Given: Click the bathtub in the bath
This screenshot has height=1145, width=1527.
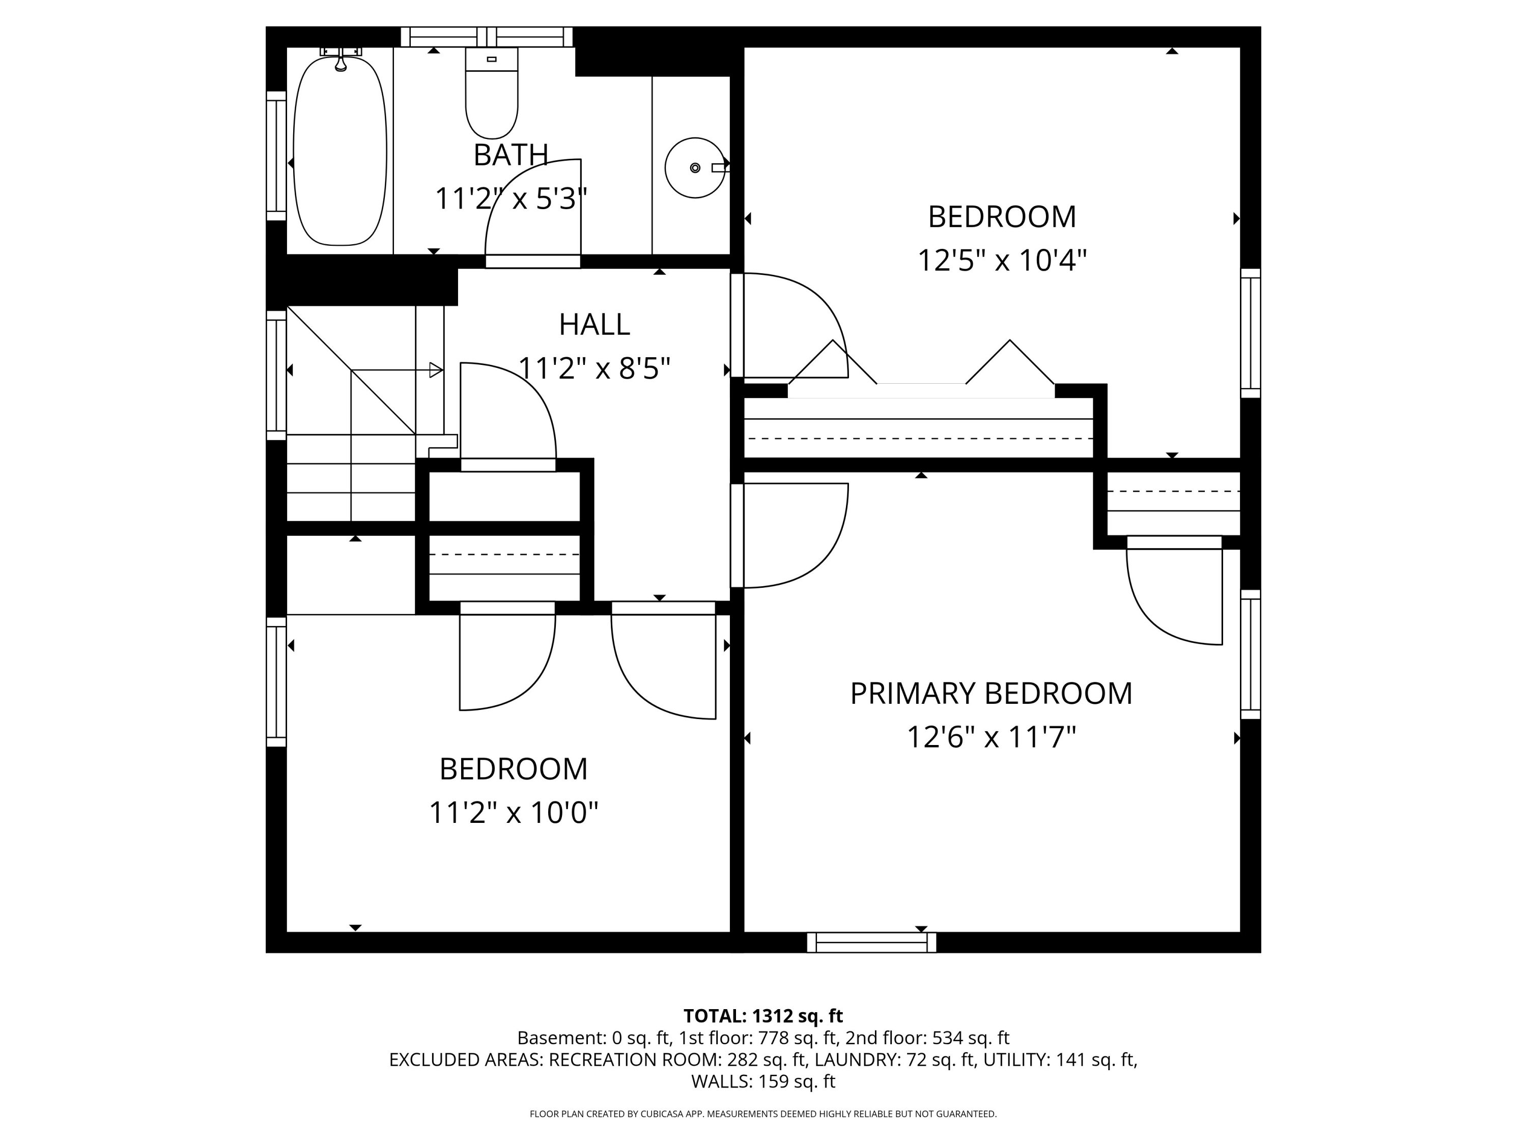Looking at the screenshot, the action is [340, 151].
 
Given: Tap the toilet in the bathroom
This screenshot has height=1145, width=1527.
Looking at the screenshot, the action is [492, 93].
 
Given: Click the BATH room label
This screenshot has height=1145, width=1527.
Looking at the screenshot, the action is [511, 155].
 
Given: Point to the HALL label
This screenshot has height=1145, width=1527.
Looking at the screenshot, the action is [595, 324].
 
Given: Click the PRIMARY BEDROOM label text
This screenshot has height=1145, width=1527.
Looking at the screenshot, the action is [992, 694].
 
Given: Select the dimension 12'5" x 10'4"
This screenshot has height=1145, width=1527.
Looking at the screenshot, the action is [1002, 261].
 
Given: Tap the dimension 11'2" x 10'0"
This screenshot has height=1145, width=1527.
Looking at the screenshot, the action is [514, 812].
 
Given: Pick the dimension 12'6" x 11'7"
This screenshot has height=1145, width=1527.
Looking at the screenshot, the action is [992, 737].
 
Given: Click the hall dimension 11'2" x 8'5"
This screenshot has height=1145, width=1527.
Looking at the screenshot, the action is [595, 368].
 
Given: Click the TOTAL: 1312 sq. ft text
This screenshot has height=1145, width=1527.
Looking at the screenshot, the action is [763, 1016].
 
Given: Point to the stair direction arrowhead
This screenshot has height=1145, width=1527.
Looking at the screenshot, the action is [436, 370].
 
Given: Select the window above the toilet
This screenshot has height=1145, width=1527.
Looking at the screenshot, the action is [487, 37].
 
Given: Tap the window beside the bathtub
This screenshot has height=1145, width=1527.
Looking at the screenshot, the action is [276, 156].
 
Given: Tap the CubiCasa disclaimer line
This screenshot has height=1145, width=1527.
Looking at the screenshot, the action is [763, 1114].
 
